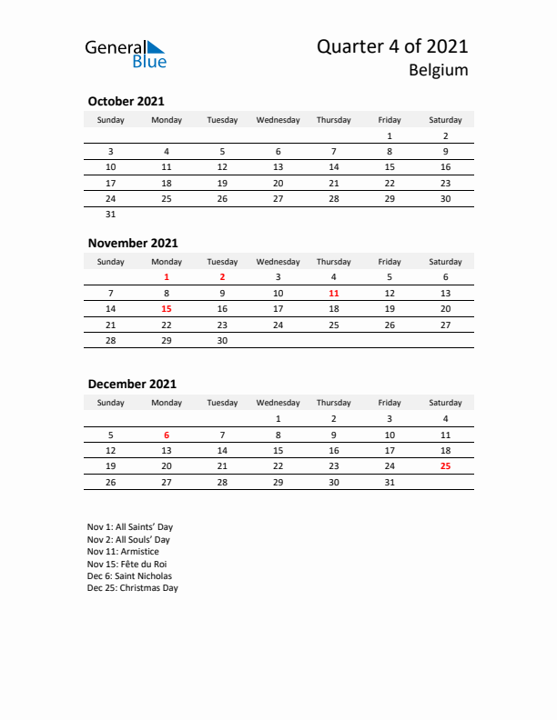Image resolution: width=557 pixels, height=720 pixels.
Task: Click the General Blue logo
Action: (126, 54)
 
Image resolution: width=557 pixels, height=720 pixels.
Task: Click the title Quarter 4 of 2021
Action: (393, 46)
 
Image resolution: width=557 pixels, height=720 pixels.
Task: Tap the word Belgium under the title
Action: (439, 70)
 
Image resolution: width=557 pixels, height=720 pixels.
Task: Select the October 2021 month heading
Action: (126, 102)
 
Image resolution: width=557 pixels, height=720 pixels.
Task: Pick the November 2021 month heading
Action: (133, 243)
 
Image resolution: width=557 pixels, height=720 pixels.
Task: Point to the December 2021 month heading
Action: (132, 384)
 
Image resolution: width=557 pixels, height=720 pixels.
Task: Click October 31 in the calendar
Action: (111, 215)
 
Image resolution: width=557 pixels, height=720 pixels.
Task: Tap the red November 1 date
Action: (167, 276)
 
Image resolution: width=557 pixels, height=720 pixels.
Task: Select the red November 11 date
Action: (334, 293)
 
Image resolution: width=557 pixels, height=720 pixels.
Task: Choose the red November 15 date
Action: (167, 308)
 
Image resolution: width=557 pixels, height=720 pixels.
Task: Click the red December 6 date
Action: (167, 435)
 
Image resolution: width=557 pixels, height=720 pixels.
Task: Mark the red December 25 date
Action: (445, 466)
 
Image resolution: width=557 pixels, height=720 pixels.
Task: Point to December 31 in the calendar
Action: (390, 482)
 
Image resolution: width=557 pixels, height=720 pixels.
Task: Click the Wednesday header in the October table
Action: (278, 120)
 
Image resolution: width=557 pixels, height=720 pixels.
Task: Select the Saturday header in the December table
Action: (445, 403)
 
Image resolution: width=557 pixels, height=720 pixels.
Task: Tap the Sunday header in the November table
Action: (111, 262)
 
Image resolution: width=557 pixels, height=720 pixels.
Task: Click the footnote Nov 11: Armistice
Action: (123, 552)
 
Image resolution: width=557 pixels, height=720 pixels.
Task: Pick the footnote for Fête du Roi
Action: (128, 564)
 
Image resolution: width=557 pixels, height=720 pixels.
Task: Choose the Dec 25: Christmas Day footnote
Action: (133, 588)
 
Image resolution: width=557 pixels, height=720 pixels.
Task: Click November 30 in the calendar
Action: (222, 341)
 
